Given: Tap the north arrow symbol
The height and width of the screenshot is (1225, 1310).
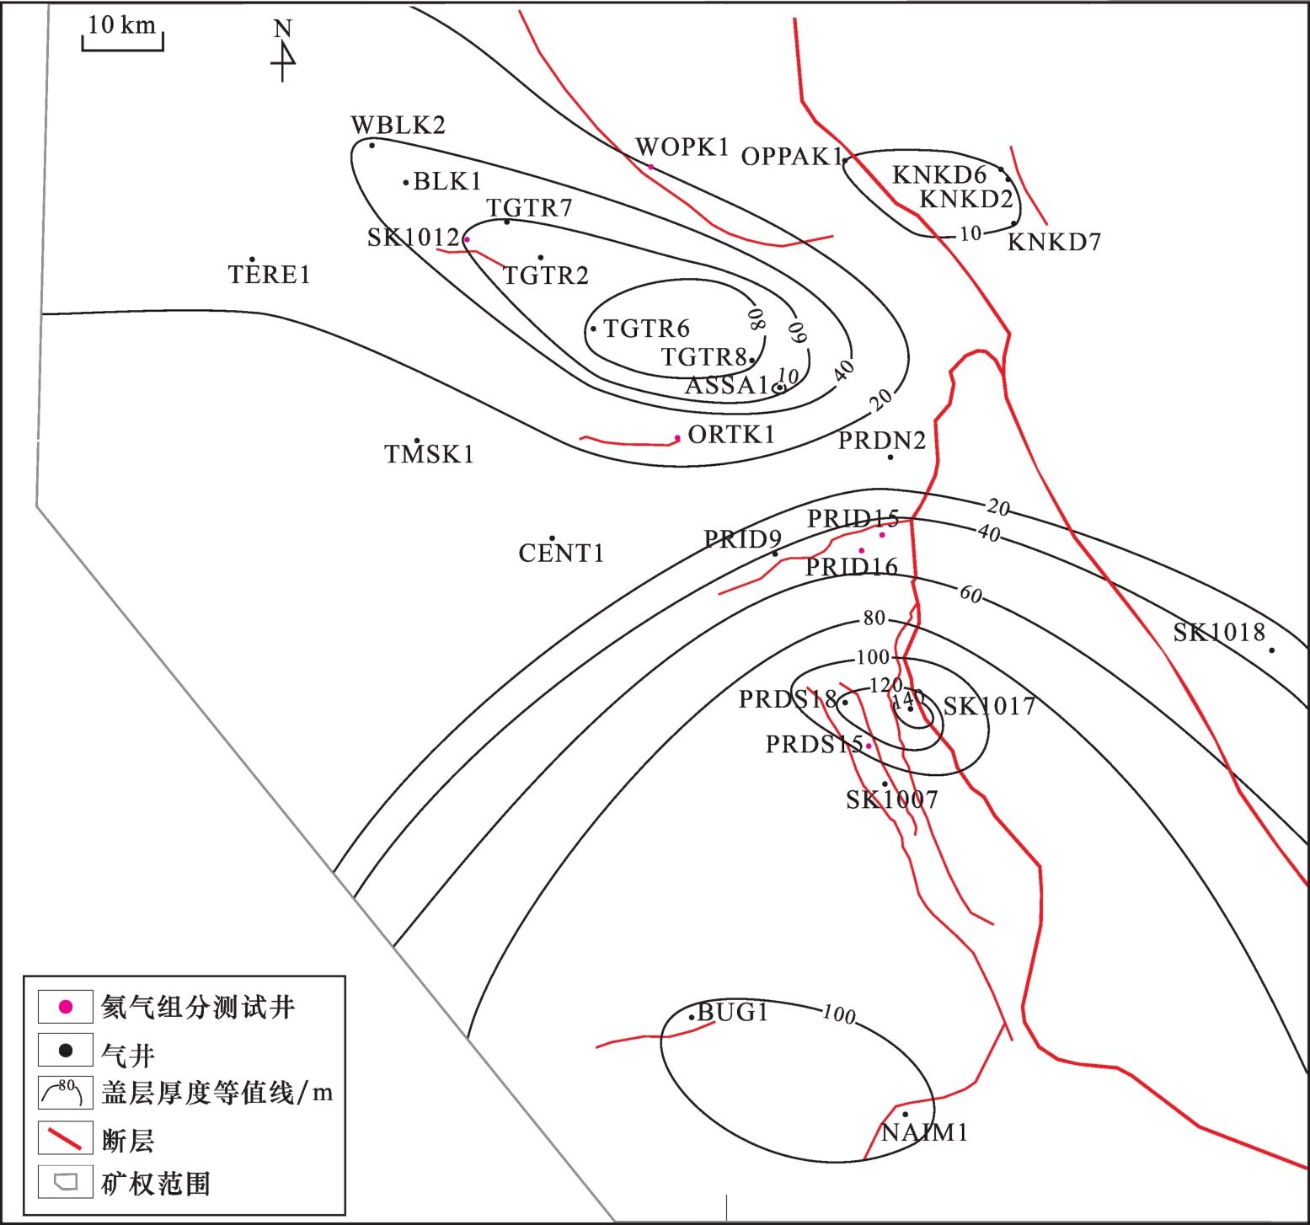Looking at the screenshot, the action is [x=284, y=51].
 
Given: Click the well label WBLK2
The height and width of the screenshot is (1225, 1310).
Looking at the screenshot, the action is [x=398, y=126].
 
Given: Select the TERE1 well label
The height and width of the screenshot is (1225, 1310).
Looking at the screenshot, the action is [x=270, y=275].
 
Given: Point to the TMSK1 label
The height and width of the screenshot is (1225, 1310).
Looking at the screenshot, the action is [x=430, y=455].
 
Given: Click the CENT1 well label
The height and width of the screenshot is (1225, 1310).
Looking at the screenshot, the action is [x=561, y=554].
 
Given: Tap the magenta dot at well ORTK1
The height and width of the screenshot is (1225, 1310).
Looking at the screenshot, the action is [x=677, y=438].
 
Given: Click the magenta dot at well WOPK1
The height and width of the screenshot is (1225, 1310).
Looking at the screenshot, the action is [x=650, y=167].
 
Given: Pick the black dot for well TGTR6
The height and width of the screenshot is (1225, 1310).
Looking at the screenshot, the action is [x=593, y=329].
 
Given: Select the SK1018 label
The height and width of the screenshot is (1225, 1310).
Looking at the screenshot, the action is [x=1219, y=633].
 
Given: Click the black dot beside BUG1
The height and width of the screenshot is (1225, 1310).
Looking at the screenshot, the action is [x=692, y=1017].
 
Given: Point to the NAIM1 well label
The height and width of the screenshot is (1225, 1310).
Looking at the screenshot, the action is [x=925, y=1133].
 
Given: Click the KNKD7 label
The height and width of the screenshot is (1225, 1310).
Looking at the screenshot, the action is [x=1055, y=243].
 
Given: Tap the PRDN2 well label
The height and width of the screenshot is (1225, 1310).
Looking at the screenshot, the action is [x=882, y=441].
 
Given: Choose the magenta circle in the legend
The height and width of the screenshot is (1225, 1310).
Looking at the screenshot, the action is [x=65, y=1007].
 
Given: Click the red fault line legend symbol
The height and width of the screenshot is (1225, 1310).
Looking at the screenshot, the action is [x=65, y=1139].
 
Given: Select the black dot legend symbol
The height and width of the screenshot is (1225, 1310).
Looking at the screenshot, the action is [x=65, y=1051].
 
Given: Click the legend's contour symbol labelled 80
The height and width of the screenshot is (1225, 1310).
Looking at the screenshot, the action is [x=65, y=1093].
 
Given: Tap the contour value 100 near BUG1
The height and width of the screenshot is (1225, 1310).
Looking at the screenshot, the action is [x=839, y=1014].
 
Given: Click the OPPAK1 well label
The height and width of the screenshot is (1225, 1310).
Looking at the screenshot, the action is [x=792, y=157].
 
